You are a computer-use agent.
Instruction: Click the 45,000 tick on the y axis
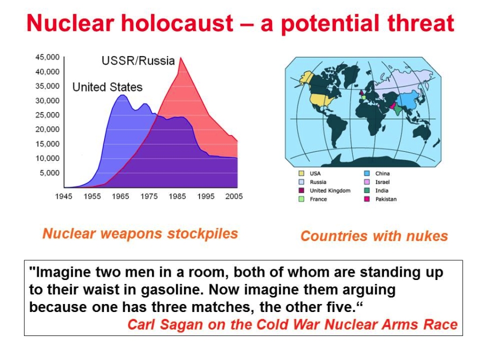coord(47,57)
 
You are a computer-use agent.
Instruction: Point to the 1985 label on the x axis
coord(177,196)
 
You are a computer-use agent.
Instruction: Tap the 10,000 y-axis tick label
coord(47,158)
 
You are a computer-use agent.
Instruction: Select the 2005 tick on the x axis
coord(234,196)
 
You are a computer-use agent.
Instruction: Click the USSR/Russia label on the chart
coord(138,61)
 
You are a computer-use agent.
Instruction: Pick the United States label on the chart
coord(107,87)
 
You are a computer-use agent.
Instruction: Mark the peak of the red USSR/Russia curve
coord(181,58)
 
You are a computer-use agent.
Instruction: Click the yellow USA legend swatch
coord(301,173)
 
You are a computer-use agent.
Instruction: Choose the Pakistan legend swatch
coord(367,199)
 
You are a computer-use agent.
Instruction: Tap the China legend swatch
coord(367,173)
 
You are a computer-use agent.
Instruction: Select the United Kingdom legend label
coord(330,191)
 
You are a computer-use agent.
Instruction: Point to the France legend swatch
coord(301,199)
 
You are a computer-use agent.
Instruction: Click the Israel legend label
coord(382,182)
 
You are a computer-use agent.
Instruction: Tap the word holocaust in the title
coord(177,23)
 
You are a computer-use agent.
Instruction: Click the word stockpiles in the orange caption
coord(202,234)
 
